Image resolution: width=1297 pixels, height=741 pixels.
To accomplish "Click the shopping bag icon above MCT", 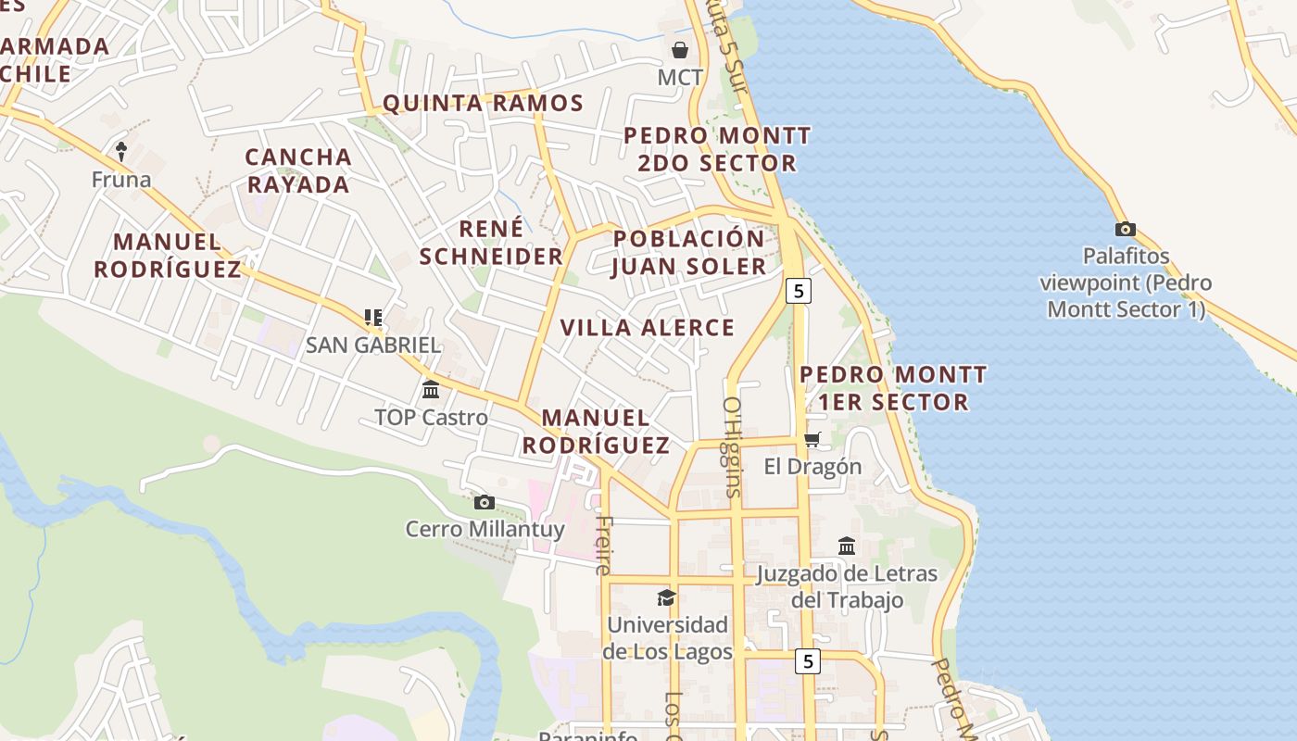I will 680,49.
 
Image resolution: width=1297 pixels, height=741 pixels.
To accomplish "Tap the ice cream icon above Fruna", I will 121,150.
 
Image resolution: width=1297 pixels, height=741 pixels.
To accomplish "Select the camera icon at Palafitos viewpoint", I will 1126,229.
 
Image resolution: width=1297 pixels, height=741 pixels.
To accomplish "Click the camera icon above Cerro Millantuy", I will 484,502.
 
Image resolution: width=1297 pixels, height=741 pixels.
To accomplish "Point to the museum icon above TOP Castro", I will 431,389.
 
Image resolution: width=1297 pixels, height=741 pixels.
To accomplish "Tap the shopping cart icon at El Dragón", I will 812,439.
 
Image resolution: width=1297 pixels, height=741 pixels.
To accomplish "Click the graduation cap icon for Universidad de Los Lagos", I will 666,597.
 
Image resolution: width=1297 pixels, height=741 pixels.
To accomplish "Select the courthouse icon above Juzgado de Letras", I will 847,546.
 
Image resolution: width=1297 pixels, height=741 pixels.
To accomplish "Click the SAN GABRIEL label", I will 373,345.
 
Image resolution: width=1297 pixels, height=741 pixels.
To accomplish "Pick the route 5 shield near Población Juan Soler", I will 799,291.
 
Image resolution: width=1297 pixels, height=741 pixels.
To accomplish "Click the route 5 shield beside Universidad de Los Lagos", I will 809,661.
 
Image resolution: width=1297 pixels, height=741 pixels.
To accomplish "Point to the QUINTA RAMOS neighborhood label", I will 483,103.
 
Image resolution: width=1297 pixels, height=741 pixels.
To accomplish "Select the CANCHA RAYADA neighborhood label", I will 298,170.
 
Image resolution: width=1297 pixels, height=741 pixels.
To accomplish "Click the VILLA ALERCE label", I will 648,327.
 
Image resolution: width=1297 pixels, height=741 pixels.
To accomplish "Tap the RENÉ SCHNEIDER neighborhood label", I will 491,243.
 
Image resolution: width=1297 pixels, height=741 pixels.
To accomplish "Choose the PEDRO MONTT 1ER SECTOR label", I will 893,388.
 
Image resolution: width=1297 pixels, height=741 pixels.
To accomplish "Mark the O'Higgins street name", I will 732,447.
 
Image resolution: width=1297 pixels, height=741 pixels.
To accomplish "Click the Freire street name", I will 603,545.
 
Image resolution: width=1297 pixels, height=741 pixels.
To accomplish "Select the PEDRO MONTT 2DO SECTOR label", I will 717,149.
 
